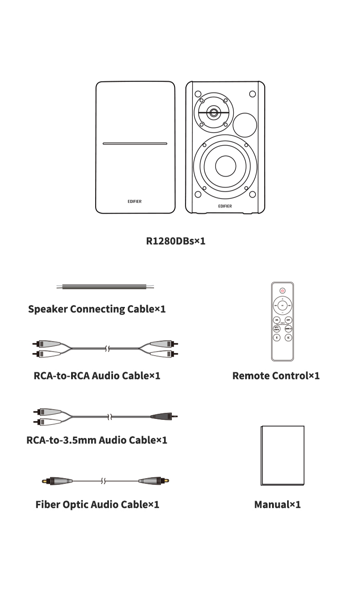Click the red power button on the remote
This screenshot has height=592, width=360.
pyautogui.click(x=283, y=290)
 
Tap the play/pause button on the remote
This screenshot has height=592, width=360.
pyautogui.click(x=283, y=305)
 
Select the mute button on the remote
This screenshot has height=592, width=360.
pyautogui.click(x=288, y=337)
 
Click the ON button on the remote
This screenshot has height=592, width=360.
pyautogui.click(x=277, y=320)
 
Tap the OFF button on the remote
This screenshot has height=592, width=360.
pyautogui.click(x=288, y=320)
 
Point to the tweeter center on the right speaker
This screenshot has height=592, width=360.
pyautogui.click(x=213, y=112)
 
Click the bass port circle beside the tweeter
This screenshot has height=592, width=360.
pyautogui.click(x=245, y=125)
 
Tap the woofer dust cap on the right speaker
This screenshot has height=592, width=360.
pyautogui.click(x=226, y=166)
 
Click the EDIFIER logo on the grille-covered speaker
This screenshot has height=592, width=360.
pyautogui.click(x=134, y=201)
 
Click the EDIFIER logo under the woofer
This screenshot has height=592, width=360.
pyautogui.click(x=225, y=206)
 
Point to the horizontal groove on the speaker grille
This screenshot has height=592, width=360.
pyautogui.click(x=135, y=144)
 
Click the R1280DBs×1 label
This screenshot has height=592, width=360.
pyautogui.click(x=175, y=241)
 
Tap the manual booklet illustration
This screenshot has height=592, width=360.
pyautogui.click(x=282, y=455)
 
